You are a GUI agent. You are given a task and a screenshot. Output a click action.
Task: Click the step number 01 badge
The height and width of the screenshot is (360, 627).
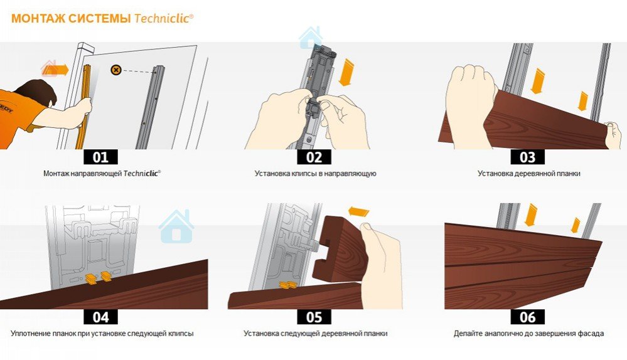tap(101, 157)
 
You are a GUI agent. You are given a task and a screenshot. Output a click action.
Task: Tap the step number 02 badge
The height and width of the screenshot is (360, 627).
tap(314, 157)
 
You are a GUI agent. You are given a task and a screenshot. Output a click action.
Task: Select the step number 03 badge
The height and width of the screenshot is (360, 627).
tap(527, 157)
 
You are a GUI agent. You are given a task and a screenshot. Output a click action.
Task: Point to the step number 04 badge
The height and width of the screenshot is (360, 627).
tap(101, 317)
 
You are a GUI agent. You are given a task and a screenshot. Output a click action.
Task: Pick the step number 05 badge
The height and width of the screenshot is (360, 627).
tap(314, 317)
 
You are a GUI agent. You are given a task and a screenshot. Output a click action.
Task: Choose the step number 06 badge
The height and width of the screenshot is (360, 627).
tap(527, 317)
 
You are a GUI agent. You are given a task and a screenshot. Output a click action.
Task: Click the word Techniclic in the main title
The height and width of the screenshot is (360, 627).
tap(164, 18)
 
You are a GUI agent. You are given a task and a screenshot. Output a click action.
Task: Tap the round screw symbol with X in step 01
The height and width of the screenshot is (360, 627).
tap(116, 70)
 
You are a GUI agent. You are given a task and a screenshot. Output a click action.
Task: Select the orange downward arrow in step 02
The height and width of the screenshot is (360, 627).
tap(346, 72)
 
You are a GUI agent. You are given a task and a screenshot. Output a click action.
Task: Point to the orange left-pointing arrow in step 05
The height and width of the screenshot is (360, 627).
tap(358, 212)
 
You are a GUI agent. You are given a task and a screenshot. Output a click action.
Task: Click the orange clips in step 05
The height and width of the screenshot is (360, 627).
tap(288, 285)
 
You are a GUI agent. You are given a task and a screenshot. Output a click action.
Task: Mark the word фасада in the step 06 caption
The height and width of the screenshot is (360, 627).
tap(591, 333)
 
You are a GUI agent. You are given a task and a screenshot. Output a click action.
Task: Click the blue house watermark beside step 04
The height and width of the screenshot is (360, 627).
tap(176, 226)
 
